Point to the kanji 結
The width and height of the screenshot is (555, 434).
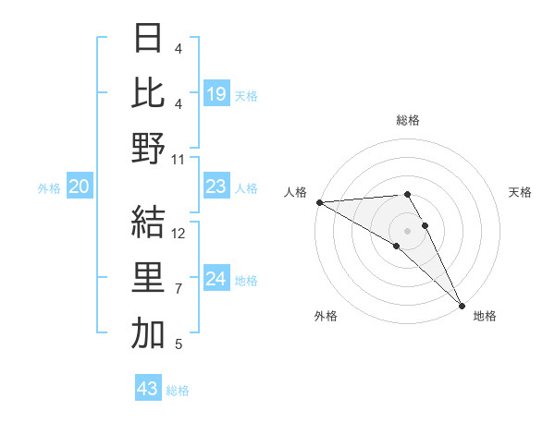[148, 222]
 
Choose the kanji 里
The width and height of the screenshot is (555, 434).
[148, 278]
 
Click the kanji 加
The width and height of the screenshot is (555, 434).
[148, 333]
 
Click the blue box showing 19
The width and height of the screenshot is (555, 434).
[216, 93]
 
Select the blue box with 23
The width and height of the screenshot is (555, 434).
[216, 187]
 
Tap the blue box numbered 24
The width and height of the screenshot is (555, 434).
[216, 280]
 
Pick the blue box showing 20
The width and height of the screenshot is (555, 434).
[80, 187]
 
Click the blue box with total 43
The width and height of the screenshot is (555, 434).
[148, 389]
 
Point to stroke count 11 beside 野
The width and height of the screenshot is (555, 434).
[179, 160]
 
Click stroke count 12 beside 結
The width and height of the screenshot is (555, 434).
[179, 234]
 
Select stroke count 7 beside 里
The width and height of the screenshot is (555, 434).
[179, 289]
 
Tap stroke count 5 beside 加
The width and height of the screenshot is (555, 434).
[179, 344]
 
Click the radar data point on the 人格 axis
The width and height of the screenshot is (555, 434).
[319, 202]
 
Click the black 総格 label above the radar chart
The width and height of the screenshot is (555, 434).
[408, 120]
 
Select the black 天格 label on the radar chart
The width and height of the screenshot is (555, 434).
[520, 192]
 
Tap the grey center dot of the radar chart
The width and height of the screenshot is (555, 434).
[407, 229]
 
